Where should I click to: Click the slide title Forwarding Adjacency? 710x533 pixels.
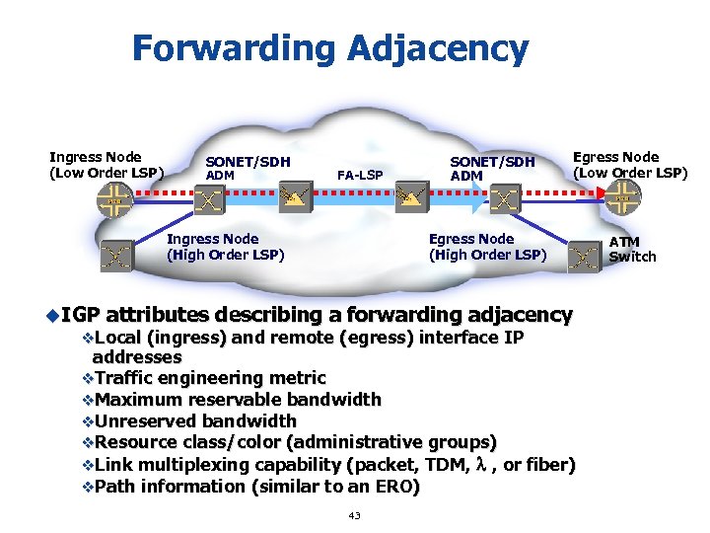coord(329,47)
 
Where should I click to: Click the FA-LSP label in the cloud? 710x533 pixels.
coord(359,175)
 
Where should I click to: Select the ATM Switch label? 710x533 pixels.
coord(632,249)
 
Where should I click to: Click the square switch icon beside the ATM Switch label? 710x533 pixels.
coord(586,258)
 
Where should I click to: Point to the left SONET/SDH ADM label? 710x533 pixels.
coord(247,168)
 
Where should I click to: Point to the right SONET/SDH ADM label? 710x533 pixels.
coord(491,168)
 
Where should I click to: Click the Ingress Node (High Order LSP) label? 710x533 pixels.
coord(225,247)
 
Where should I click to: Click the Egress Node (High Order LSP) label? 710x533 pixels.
coord(486,247)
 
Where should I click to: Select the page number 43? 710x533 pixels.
coord(354,515)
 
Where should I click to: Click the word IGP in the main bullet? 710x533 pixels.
coord(81,315)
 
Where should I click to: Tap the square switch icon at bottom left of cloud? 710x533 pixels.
coord(116,258)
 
